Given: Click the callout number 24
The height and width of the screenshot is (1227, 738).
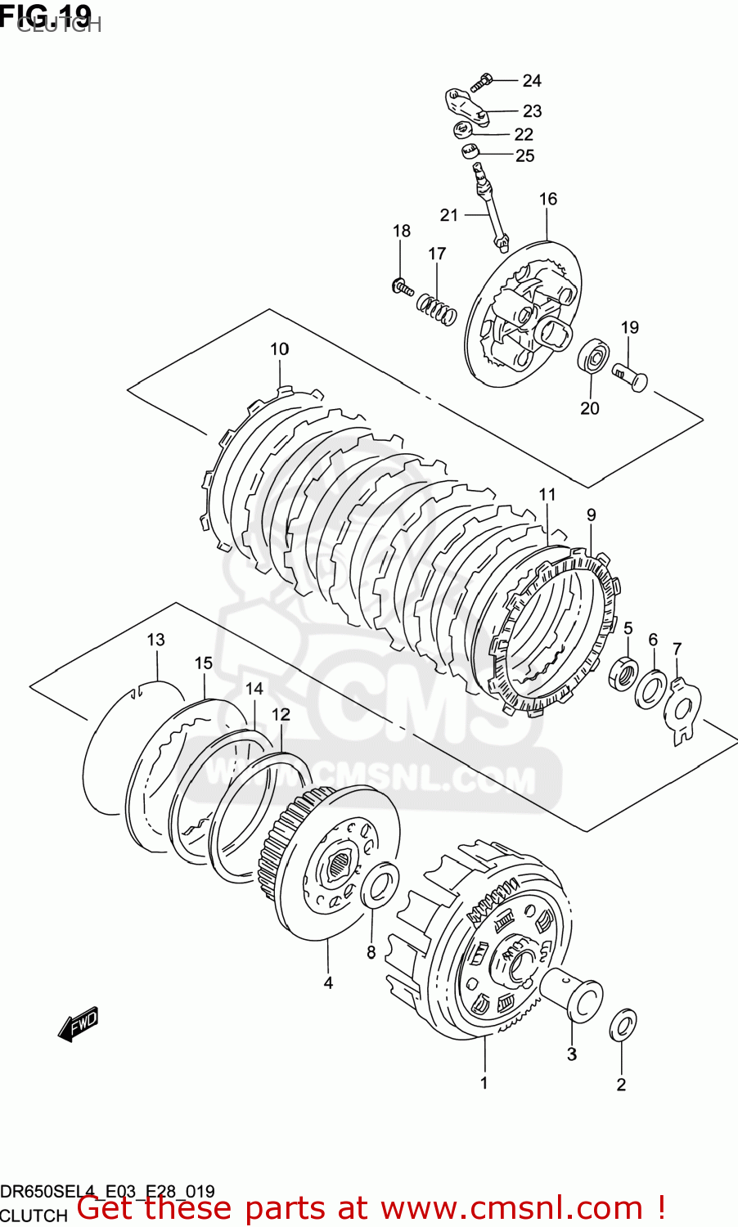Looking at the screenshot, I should coord(532,80).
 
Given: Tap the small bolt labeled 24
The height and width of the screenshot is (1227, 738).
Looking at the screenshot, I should coord(482,81).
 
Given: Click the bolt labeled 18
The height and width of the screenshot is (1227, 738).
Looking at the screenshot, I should coord(402,286).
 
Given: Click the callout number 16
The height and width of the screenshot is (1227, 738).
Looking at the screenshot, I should coord(547,199).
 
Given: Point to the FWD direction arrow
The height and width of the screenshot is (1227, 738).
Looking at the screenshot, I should coord(79,1023).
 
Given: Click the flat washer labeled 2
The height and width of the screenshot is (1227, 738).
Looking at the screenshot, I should coord(623,1024).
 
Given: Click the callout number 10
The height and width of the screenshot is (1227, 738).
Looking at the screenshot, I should coord(280,349).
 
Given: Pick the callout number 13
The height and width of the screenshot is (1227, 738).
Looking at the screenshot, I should coord(155,640).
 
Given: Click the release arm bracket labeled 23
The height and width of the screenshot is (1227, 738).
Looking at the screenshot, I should coord(466,108).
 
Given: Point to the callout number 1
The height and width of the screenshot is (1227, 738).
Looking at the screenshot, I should coord(484,1083).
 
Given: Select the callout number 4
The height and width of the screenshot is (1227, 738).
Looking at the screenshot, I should coord(328,982).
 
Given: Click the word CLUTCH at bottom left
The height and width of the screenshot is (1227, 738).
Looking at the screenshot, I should coord(34,1216).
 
